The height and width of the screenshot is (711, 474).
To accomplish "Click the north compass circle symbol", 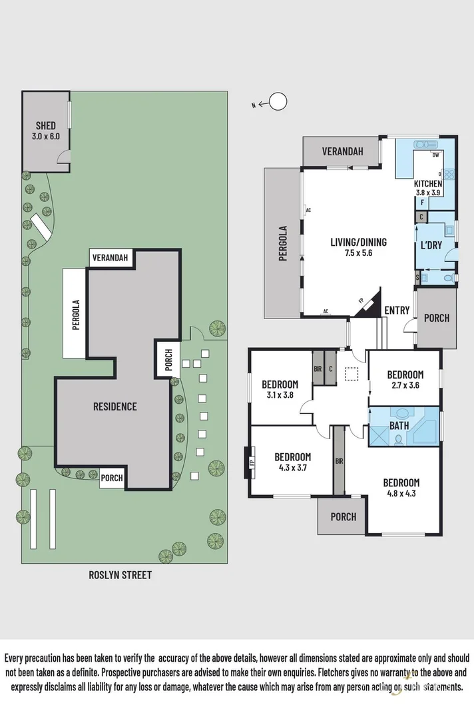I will tap(278, 102).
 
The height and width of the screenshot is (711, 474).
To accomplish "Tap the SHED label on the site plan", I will tap(46, 125).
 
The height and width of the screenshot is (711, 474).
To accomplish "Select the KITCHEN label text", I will tap(428, 183).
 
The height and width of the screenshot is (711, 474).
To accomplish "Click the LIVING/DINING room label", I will tap(358, 242).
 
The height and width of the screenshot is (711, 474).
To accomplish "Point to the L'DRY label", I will tap(431, 246).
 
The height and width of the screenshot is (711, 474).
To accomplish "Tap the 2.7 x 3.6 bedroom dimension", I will tap(405, 385).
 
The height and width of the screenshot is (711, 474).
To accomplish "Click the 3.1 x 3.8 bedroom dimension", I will tap(280, 395).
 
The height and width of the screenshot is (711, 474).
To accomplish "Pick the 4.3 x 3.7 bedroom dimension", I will tap(293, 468).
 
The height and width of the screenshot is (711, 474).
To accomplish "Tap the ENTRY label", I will tap(397, 310).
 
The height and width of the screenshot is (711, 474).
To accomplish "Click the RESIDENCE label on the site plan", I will tap(115, 406).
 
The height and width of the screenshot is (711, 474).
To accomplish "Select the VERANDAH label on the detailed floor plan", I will tap(343, 152).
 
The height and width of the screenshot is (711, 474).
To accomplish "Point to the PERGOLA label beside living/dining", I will tap(282, 243).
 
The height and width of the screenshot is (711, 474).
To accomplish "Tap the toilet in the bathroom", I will tap(398, 439).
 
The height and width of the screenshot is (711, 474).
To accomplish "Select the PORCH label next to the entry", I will tap(436, 318).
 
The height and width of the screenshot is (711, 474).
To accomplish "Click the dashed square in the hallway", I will tap(352, 374).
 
